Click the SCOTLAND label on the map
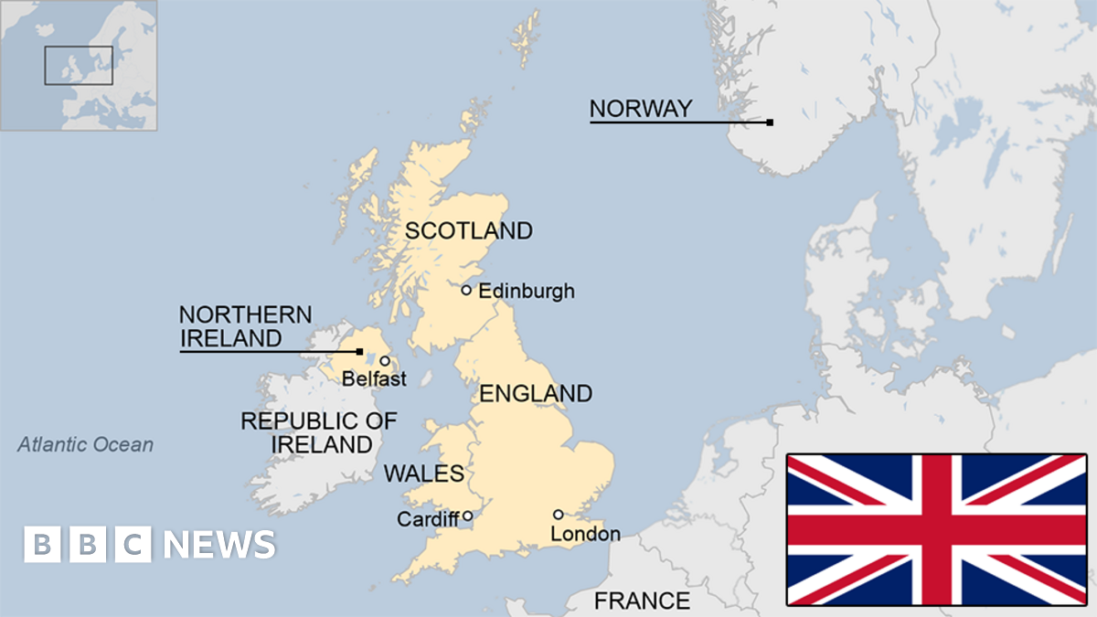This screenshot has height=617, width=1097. click(468, 230)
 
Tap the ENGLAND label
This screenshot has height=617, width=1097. click(536, 394)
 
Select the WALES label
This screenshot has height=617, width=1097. click(424, 473)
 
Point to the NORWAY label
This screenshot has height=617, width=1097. click(640, 109)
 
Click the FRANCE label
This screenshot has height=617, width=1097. click(642, 601)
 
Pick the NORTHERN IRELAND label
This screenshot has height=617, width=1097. click(245, 326)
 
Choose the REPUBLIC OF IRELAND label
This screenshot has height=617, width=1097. click(319, 433)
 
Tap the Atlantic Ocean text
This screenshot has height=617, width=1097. click(86, 445)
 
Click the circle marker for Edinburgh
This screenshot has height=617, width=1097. click(466, 290)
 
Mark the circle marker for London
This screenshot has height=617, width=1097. click(558, 515)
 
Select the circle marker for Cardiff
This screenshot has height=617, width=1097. click(467, 516)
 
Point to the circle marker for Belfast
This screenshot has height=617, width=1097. click(385, 361)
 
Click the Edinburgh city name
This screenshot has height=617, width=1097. click(527, 291)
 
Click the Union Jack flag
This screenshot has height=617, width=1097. click(937, 529)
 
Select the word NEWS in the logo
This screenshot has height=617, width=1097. click(219, 545)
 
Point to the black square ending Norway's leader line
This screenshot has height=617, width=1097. click(770, 122)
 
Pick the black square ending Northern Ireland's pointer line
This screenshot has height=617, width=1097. click(359, 351)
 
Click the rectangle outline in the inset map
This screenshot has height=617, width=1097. click(79, 66)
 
